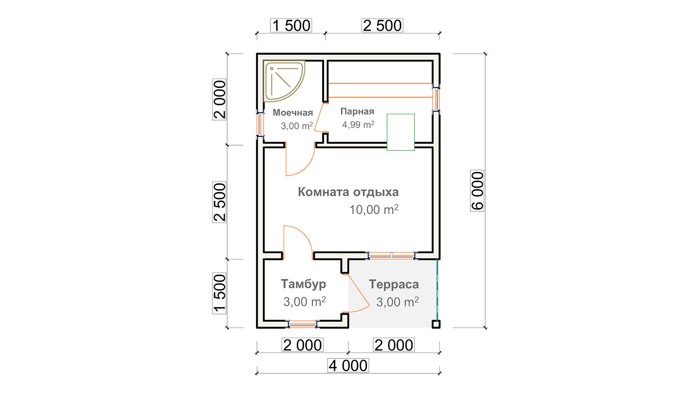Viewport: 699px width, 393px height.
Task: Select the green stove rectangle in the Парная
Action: [x=400, y=132]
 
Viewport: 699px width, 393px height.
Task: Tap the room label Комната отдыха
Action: [x=348, y=192]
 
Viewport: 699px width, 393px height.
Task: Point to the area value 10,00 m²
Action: [x=374, y=209]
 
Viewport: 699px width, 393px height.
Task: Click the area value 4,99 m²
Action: [x=358, y=125]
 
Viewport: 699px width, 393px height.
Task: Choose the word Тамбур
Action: [x=303, y=284]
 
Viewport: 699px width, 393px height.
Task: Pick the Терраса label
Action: [x=394, y=284]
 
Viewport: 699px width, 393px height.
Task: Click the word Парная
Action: [x=357, y=111]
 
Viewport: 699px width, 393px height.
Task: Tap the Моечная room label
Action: [x=293, y=112]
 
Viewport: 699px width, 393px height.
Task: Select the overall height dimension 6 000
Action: [x=477, y=191]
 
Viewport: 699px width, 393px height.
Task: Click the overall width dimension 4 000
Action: [x=348, y=365]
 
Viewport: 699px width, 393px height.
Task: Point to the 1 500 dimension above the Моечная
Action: [x=291, y=25]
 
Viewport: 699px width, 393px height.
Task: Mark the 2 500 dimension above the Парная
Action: [x=382, y=25]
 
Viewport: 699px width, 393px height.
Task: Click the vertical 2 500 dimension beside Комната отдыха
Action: [x=220, y=202]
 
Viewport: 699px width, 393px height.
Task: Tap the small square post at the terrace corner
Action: [x=436, y=324]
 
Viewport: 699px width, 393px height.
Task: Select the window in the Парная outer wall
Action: [x=436, y=99]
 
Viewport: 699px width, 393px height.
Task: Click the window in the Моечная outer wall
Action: [x=260, y=124]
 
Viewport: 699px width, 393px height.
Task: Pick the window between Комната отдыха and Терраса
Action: [x=391, y=255]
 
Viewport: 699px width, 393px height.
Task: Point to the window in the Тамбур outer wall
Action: [x=302, y=324]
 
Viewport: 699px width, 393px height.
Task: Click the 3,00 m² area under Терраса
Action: [x=398, y=302]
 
